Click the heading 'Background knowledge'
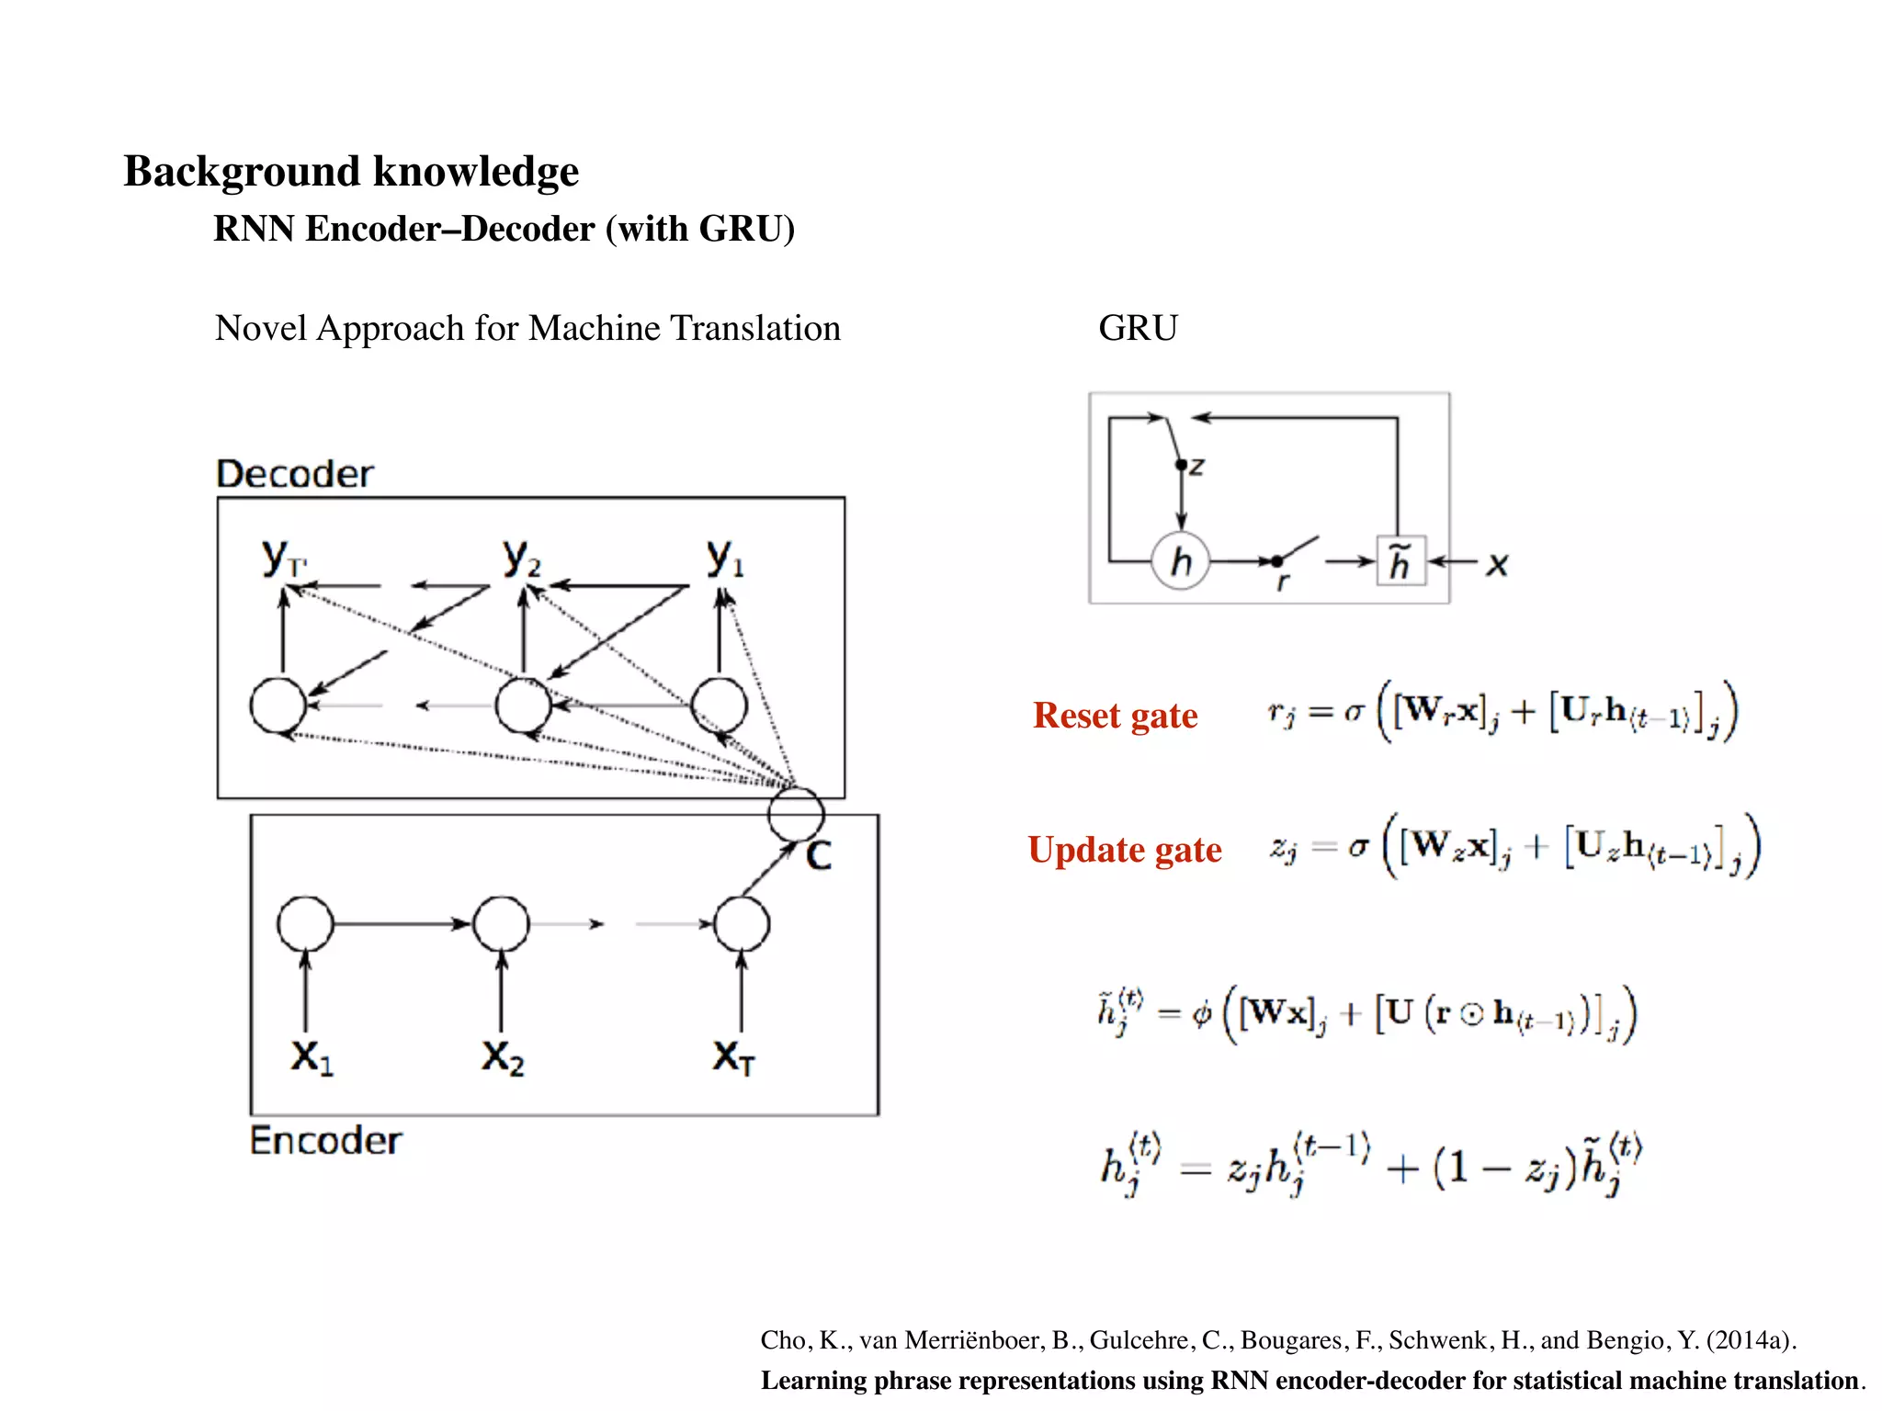[351, 172]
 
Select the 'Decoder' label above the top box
[295, 474]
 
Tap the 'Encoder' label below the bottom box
[325, 1141]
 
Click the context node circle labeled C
[796, 814]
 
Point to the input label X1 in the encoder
[312, 1057]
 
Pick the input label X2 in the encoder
[503, 1057]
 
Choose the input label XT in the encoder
[733, 1057]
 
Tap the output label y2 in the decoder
[522, 558]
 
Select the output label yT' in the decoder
[283, 558]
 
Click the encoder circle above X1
[305, 923]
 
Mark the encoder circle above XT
[742, 923]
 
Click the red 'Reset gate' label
[1115, 716]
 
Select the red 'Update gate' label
[1125, 850]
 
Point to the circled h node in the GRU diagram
[1181, 560]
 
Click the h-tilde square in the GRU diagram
[1400, 560]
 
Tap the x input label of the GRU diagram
[1498, 564]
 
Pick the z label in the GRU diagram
[1196, 467]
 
